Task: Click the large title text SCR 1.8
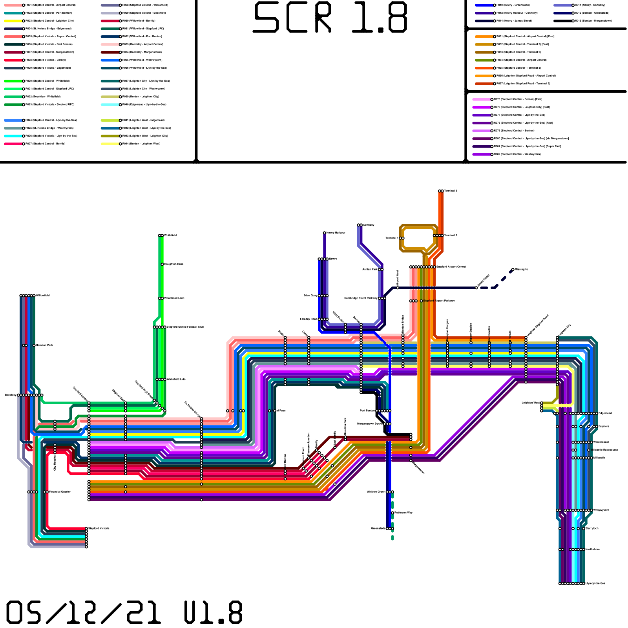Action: point(330,18)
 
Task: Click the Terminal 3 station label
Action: point(451,191)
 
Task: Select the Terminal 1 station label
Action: point(391,238)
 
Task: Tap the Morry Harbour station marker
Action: point(324,233)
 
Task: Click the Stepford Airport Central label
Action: point(451,267)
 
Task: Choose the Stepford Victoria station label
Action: point(99,528)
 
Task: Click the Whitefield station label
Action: point(170,235)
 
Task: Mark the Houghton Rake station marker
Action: point(162,264)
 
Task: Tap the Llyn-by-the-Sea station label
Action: point(595,583)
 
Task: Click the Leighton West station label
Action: point(530,403)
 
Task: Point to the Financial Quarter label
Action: point(60,492)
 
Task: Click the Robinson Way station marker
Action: point(392,513)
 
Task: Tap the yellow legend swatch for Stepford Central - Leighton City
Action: point(13,21)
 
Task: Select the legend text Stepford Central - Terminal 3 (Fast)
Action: point(522,44)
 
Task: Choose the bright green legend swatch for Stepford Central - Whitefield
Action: point(13,81)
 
